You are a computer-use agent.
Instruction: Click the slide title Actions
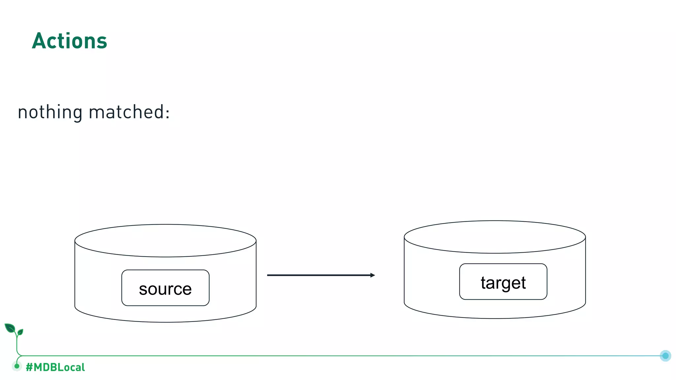point(69,41)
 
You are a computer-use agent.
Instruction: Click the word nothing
point(50,112)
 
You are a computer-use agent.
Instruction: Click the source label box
point(165,288)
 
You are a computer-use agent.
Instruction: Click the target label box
point(503,282)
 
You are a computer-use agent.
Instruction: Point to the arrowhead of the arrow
point(373,275)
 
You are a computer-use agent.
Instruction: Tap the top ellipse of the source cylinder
point(165,240)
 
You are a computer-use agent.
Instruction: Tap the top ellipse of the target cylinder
point(494,237)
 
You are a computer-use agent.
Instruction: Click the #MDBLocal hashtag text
point(55,367)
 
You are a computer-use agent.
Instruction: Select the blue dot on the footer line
point(665,356)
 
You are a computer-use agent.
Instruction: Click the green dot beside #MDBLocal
point(17,366)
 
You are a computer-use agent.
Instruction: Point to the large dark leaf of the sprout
point(10,328)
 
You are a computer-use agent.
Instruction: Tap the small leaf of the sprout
point(20,332)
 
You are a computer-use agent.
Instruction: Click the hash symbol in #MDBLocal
point(29,367)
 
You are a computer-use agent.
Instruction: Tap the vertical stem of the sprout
point(17,345)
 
